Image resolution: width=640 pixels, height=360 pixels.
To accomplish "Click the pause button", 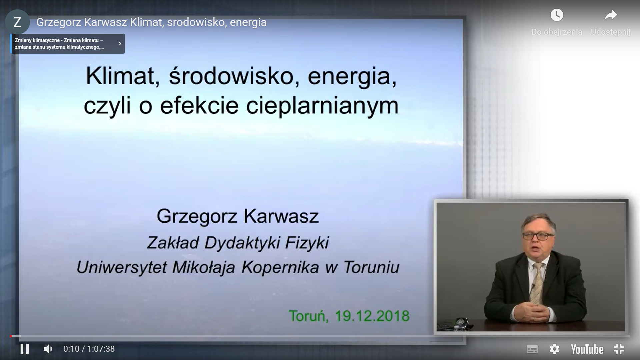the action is [x=25, y=349].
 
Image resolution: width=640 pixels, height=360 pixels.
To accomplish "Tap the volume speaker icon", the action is [x=48, y=349].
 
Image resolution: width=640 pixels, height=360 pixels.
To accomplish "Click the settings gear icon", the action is [x=554, y=349].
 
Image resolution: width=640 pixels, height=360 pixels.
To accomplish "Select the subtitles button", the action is [x=532, y=349].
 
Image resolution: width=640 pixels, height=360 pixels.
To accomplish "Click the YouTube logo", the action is [x=587, y=349].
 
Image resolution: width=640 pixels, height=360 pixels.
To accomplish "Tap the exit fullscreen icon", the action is [x=619, y=349].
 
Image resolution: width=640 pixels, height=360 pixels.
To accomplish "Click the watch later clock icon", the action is [x=557, y=15].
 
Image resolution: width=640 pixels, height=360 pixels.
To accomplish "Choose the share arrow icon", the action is [x=611, y=15].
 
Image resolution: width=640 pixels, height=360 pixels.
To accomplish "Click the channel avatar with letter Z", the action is [x=17, y=22].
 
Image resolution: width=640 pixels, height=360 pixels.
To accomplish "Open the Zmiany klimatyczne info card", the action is [x=68, y=44].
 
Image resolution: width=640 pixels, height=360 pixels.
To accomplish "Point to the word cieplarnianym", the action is [x=322, y=106].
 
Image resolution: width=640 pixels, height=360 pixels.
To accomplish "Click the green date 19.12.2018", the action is [x=372, y=316].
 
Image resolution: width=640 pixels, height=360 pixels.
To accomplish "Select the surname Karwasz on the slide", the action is [x=281, y=216].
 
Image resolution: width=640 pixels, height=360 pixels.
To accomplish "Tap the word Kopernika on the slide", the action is [x=280, y=267].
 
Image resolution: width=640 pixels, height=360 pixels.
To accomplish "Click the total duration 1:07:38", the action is [x=101, y=349].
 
